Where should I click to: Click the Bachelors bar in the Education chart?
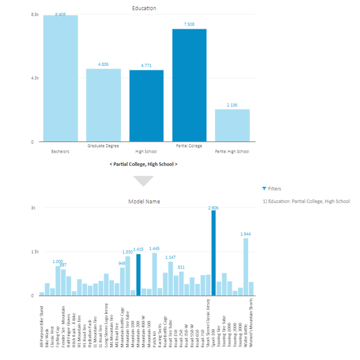pyautogui.click(x=60, y=79)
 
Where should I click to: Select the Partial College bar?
pyautogui.click(x=189, y=85)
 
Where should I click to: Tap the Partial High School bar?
pyautogui.click(x=232, y=126)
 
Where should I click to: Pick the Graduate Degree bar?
pyautogui.click(x=103, y=105)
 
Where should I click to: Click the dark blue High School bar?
pyautogui.click(x=146, y=106)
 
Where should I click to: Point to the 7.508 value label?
pyautogui.click(x=189, y=24)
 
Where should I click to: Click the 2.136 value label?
pyautogui.click(x=232, y=105)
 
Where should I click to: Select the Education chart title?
pyautogui.click(x=144, y=8)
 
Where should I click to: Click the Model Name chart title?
pyautogui.click(x=144, y=202)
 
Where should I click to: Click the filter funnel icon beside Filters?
pyautogui.click(x=264, y=189)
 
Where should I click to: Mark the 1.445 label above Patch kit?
pyautogui.click(x=154, y=248)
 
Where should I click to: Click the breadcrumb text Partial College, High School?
pyautogui.click(x=143, y=164)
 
